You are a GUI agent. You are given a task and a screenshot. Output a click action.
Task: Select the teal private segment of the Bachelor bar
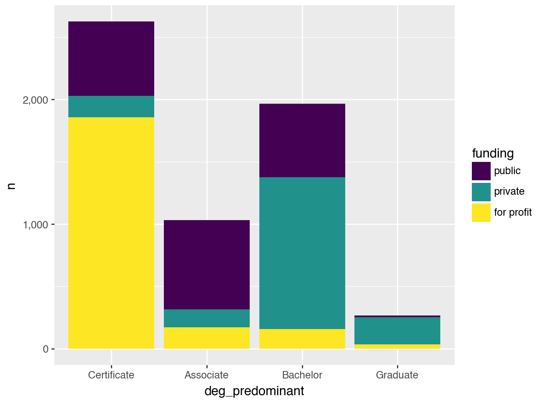tap(302, 253)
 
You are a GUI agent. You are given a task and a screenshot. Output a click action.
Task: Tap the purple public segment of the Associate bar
tap(207, 265)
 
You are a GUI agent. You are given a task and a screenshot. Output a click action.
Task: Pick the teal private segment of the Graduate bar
tap(397, 331)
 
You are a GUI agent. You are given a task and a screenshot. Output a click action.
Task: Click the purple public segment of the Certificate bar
tap(111, 59)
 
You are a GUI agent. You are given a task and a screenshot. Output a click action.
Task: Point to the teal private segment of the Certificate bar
tap(111, 106)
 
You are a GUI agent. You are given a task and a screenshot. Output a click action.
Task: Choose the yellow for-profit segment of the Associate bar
tap(207, 338)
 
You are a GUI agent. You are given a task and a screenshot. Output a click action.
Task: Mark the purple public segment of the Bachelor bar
tap(302, 140)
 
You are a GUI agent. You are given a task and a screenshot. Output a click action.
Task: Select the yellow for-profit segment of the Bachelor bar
tap(302, 339)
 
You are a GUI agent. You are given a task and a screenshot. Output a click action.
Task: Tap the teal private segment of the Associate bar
tap(207, 318)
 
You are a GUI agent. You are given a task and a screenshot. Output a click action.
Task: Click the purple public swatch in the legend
tap(481, 171)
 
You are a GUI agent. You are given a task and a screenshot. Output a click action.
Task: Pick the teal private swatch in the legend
tap(481, 192)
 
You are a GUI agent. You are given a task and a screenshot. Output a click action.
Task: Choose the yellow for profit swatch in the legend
tap(481, 213)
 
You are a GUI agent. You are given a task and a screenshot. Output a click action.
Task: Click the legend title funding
tap(492, 154)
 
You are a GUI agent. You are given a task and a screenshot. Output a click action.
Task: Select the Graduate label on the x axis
tap(397, 375)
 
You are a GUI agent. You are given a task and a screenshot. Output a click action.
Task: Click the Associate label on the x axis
tap(207, 375)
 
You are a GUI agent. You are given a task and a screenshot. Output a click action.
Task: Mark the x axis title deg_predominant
tap(254, 391)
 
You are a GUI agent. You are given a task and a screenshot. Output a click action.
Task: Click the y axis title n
tap(12, 185)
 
